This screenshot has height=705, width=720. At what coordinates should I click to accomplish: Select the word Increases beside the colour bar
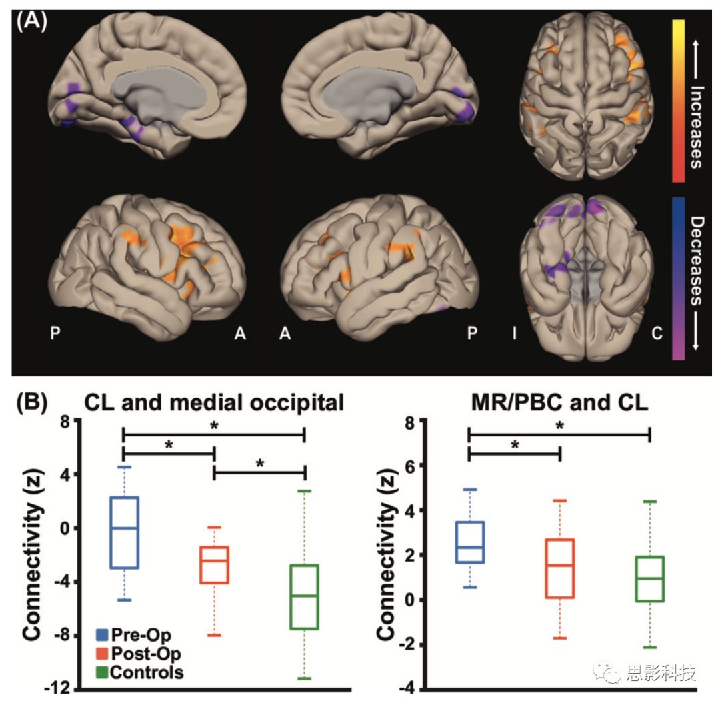(x=697, y=126)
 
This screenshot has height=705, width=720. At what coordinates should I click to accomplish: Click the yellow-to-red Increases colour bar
(x=679, y=99)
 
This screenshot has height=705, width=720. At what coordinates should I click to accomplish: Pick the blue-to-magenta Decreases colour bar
(x=679, y=278)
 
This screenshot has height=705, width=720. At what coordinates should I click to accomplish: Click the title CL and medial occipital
(x=215, y=404)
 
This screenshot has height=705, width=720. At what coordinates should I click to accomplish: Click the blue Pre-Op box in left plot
(x=124, y=532)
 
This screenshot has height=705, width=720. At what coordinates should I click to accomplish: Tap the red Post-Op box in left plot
(x=215, y=564)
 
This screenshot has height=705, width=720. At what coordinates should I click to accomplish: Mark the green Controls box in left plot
(x=305, y=596)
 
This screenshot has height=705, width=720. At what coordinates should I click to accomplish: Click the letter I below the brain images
(x=513, y=334)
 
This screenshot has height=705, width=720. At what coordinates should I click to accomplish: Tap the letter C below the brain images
(x=656, y=334)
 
